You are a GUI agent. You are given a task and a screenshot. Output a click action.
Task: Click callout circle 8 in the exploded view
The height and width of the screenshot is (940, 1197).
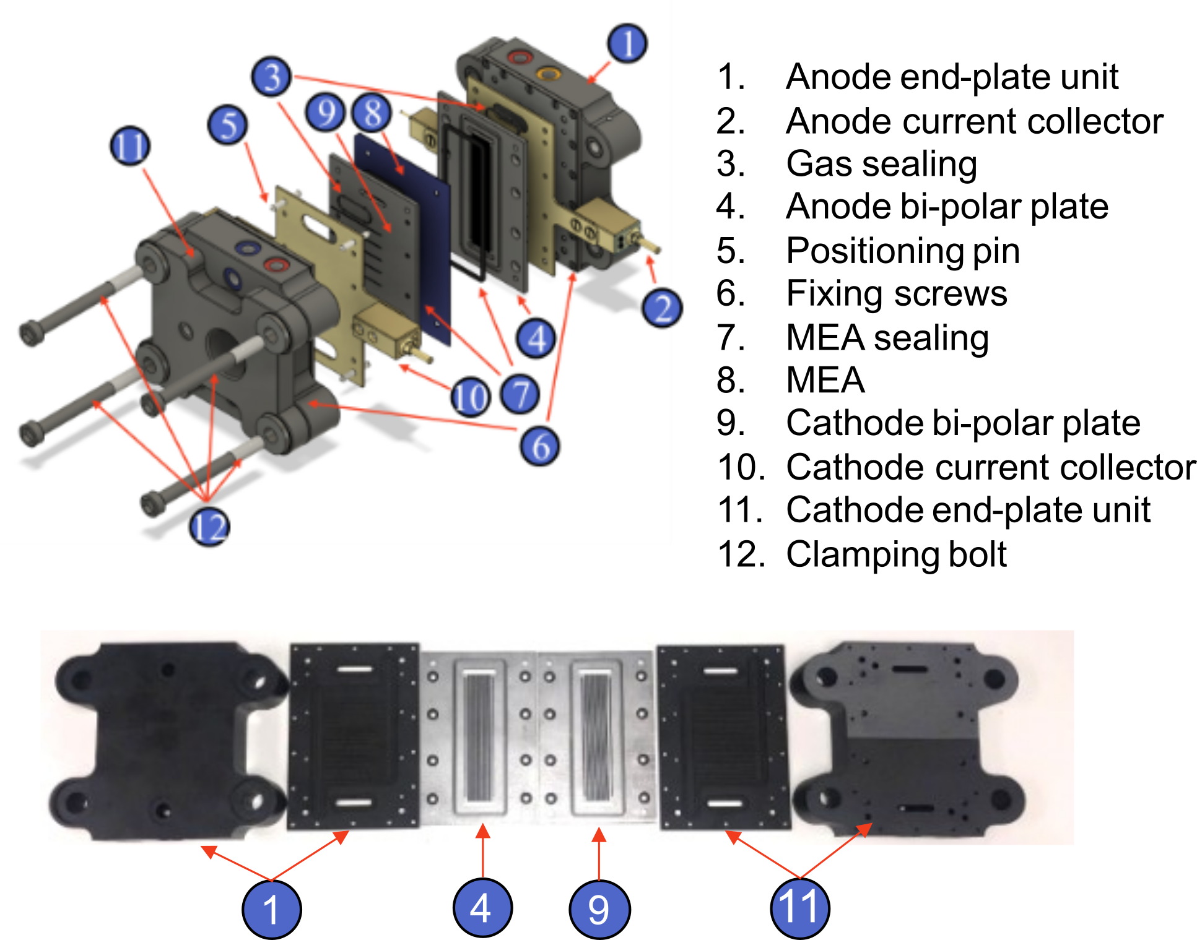(372, 113)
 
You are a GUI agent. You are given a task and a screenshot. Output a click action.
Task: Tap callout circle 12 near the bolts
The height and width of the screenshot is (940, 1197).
(209, 527)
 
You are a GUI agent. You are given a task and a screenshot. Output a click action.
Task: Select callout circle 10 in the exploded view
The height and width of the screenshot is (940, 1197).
(470, 397)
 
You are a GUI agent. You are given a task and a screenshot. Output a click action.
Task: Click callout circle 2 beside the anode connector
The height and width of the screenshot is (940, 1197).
(662, 308)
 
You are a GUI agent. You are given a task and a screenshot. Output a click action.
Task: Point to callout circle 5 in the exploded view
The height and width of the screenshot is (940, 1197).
(227, 124)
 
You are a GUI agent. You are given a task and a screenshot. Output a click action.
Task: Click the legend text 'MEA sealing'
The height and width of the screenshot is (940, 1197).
(886, 338)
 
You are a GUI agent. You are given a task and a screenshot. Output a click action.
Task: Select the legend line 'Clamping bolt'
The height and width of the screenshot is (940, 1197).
(895, 554)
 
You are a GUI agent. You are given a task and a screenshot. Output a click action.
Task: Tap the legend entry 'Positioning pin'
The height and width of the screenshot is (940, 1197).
(902, 251)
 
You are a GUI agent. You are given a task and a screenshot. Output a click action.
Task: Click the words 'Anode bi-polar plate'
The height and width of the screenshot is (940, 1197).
(946, 207)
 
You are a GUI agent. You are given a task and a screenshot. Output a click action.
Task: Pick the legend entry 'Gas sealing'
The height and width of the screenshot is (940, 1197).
(881, 164)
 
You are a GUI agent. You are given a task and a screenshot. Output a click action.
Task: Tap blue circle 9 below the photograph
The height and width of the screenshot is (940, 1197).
(599, 909)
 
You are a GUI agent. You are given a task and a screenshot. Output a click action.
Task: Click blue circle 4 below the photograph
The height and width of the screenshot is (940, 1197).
(482, 908)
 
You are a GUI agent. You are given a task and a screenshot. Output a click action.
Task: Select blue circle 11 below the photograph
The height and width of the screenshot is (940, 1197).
(799, 908)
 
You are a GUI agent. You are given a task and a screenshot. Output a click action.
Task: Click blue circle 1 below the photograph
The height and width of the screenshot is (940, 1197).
(271, 910)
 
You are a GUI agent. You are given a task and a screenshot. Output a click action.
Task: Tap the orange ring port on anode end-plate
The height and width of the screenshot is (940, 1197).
(547, 74)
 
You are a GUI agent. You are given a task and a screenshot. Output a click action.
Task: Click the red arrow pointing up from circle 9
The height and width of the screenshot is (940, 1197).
(599, 854)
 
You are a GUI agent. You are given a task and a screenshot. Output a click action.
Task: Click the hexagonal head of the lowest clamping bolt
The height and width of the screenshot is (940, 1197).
(152, 502)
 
